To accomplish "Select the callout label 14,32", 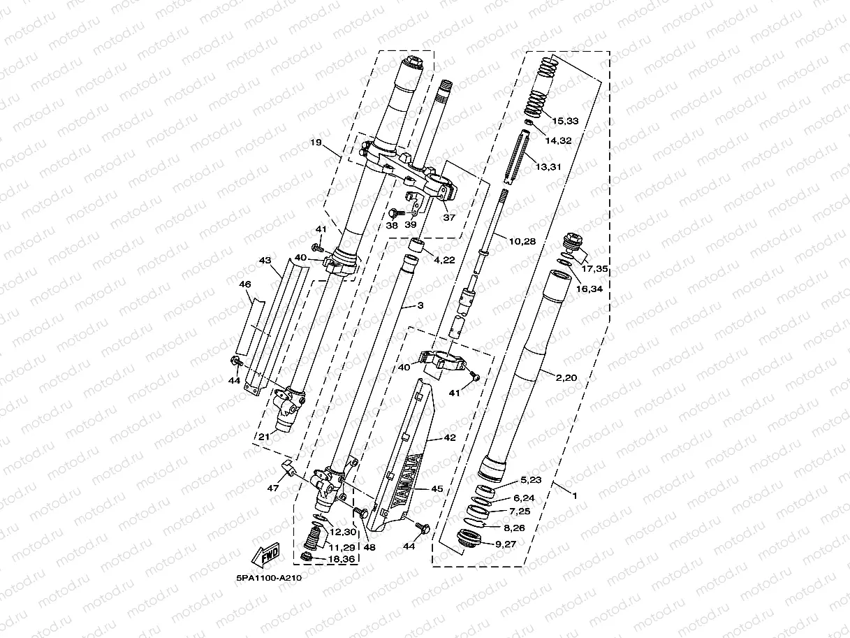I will pos(558,140).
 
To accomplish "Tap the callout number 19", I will pos(316,143).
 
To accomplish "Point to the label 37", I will pos(449,217).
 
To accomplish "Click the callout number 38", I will pos(391,226).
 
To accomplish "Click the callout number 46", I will pos(244,285).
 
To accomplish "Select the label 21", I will pos(264,437).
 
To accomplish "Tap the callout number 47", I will pos(271,488).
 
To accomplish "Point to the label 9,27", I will pos(511,543).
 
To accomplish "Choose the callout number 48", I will pos(369,547).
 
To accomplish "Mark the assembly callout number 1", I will pos(574,495).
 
